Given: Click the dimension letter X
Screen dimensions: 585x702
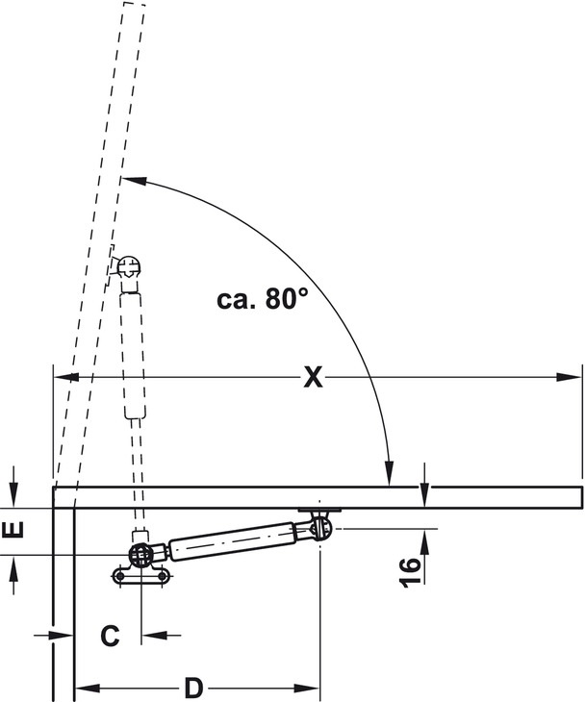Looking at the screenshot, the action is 313,377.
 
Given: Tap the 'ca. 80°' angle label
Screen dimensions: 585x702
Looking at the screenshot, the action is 263,299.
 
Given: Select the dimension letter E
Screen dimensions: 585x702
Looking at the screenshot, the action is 13,531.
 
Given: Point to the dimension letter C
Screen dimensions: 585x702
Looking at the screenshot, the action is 111,636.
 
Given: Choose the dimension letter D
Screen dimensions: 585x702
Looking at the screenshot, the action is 194,688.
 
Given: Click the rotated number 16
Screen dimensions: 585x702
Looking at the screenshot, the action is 410,572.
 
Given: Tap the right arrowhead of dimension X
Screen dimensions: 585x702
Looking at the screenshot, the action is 569,377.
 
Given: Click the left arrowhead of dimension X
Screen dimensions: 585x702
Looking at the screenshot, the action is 66,377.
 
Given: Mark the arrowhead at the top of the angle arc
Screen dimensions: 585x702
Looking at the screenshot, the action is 134,181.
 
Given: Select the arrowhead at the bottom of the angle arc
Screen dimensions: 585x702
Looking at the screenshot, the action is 390,473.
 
